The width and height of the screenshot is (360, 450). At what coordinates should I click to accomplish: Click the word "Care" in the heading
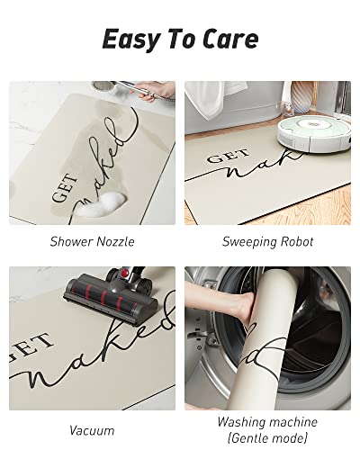pyautogui.click(x=230, y=39)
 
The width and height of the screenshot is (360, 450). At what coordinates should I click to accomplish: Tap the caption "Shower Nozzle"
pyautogui.click(x=92, y=242)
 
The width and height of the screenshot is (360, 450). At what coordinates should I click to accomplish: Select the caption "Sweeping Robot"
pyautogui.click(x=267, y=242)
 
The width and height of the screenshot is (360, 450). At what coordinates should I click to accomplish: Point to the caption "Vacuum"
pyautogui.click(x=92, y=430)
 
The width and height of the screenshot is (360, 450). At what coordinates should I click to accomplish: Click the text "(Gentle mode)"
pyautogui.click(x=267, y=437)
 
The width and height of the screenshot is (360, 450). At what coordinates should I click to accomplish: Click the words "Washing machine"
pyautogui.click(x=267, y=422)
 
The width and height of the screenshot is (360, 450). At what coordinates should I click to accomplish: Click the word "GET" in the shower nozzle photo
pyautogui.click(x=65, y=188)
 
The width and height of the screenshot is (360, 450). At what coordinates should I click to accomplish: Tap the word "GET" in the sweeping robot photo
pyautogui.click(x=228, y=156)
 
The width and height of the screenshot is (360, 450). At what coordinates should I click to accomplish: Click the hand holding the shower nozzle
pyautogui.click(x=156, y=91)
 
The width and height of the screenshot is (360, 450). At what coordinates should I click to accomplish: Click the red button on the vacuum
pyautogui.click(x=125, y=273)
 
